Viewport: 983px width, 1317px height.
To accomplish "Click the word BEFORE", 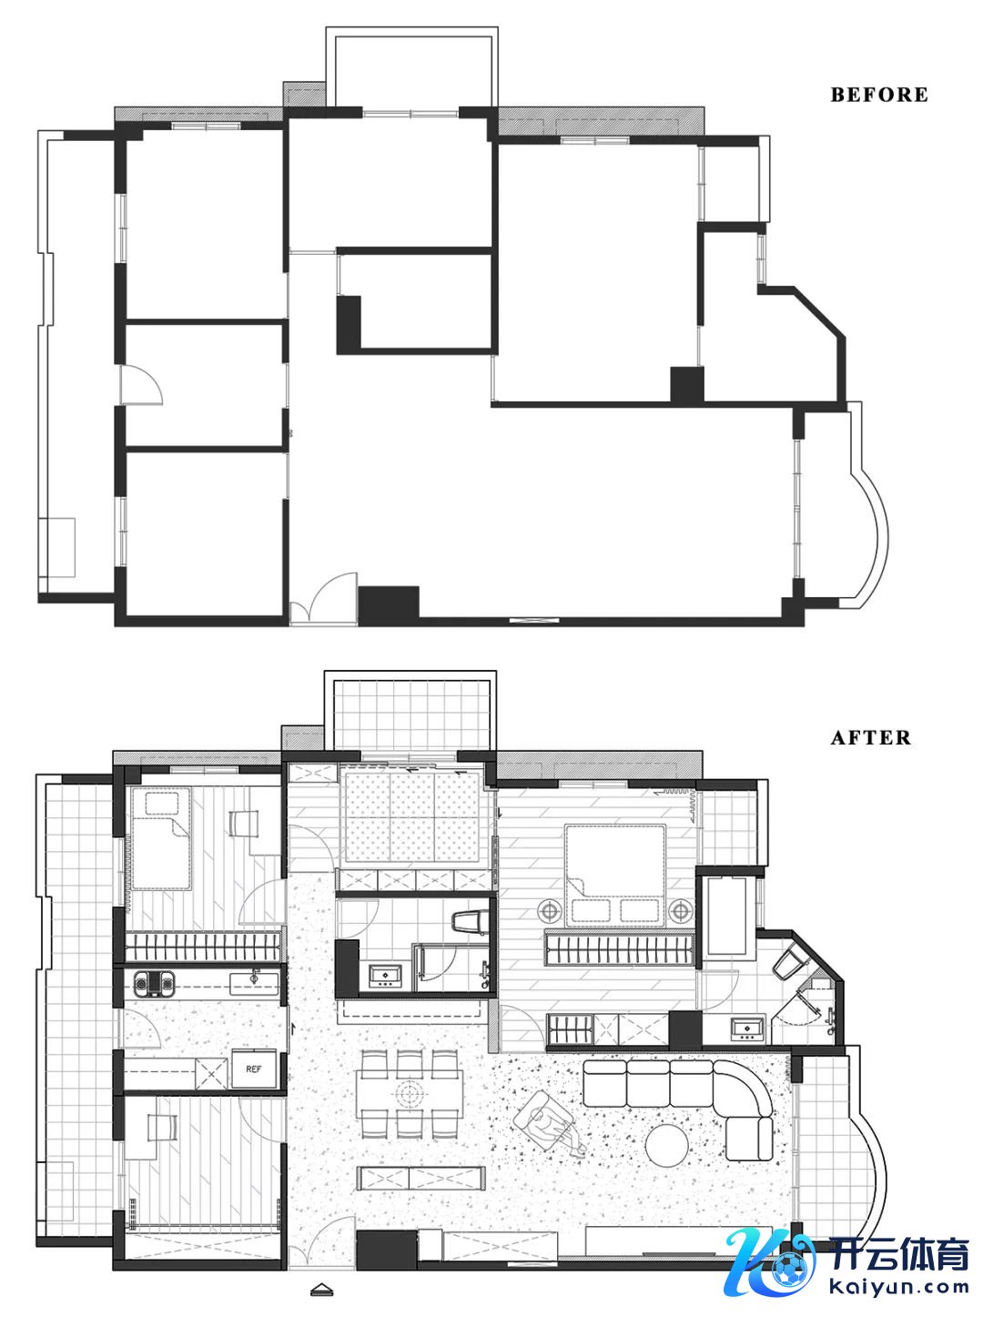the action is (878, 94).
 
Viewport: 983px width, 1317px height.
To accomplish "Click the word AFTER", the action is (870, 737).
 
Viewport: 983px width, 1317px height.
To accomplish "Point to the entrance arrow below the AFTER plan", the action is (322, 1251).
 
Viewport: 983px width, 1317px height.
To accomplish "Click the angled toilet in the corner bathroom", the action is (789, 962).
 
